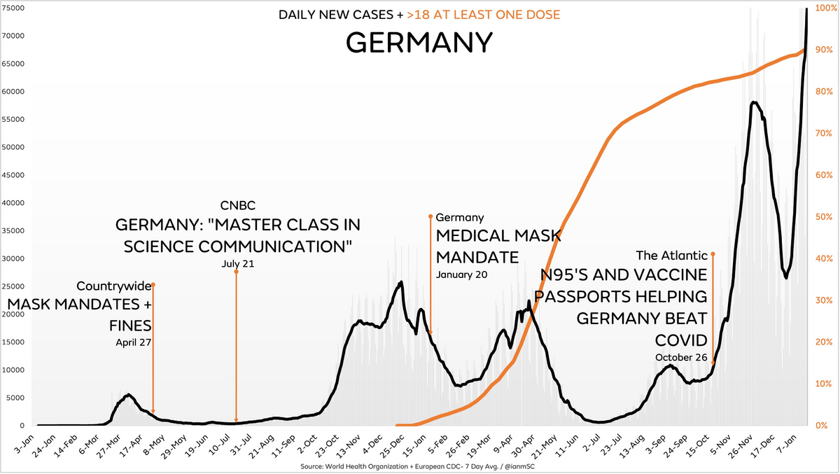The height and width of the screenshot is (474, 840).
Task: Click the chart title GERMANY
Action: [x=419, y=43]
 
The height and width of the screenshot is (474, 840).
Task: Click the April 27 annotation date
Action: [x=134, y=342]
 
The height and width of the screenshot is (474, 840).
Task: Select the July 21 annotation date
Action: [x=236, y=264]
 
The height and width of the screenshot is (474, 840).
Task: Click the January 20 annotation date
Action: [x=461, y=274]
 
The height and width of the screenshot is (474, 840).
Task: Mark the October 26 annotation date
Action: [x=682, y=357]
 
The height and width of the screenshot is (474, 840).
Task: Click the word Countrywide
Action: [x=113, y=286]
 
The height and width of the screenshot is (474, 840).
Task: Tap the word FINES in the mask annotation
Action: [x=130, y=326]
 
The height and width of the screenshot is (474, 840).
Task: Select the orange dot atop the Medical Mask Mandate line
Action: [x=430, y=217]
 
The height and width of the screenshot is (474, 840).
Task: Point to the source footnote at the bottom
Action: [x=419, y=466]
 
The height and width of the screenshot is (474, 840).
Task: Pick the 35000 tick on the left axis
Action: [x=15, y=230]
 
